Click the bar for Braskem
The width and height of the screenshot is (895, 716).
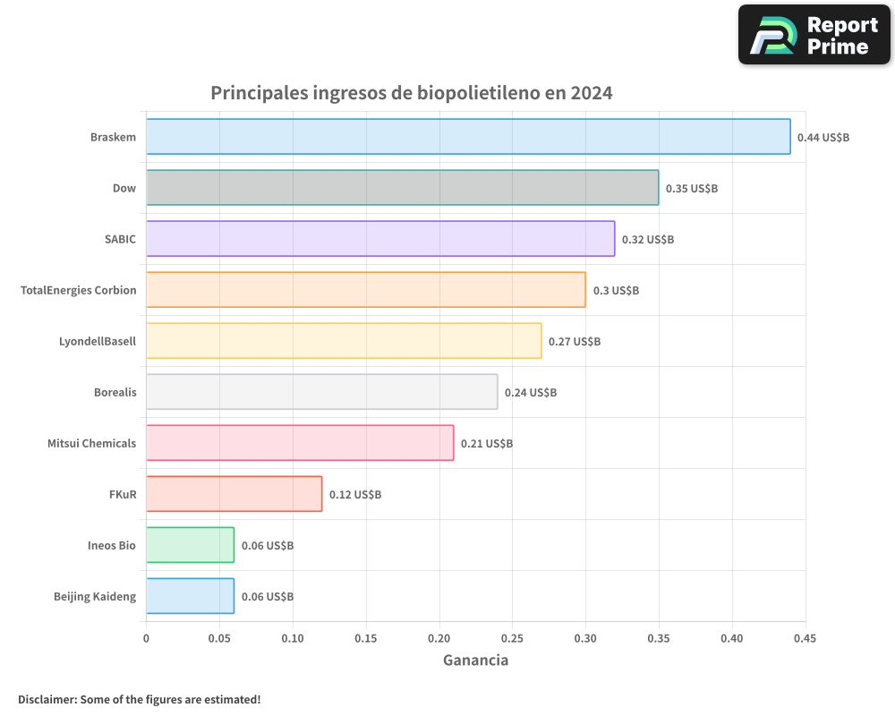[468, 137]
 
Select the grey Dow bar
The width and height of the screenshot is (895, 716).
[402, 188]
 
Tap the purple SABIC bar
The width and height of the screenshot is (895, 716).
[380, 239]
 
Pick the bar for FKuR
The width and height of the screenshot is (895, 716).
[234, 494]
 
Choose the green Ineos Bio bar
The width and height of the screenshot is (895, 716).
[190, 545]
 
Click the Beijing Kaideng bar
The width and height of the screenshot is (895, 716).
[190, 596]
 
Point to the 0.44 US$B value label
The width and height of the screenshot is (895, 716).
[823, 138]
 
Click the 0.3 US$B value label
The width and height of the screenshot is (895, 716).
[616, 291]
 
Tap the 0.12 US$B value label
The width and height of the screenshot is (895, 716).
[354, 495]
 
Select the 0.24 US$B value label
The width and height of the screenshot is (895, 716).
[530, 393]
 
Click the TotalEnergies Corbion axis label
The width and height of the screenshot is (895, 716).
[79, 290]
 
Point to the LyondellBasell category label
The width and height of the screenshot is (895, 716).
[98, 341]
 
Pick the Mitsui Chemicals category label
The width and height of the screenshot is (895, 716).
[92, 443]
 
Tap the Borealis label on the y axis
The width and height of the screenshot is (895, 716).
[115, 392]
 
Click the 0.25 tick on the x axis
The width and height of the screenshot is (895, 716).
[513, 638]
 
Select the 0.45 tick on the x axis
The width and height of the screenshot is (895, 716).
[805, 638]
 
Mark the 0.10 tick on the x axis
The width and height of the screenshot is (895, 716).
[293, 638]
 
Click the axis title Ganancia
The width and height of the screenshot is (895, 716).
[475, 661]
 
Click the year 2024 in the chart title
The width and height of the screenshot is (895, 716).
[591, 93]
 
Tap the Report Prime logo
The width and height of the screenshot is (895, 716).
[814, 35]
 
